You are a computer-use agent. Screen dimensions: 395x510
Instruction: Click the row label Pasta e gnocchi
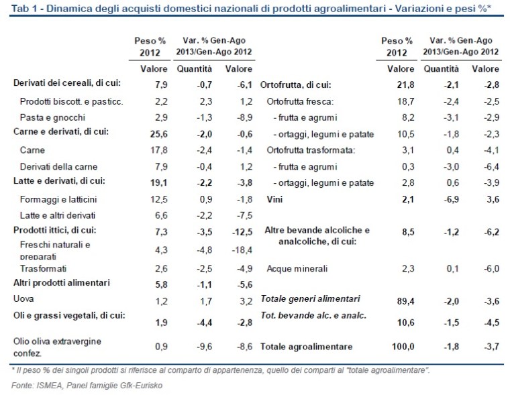pyautogui.click(x=49, y=117)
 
